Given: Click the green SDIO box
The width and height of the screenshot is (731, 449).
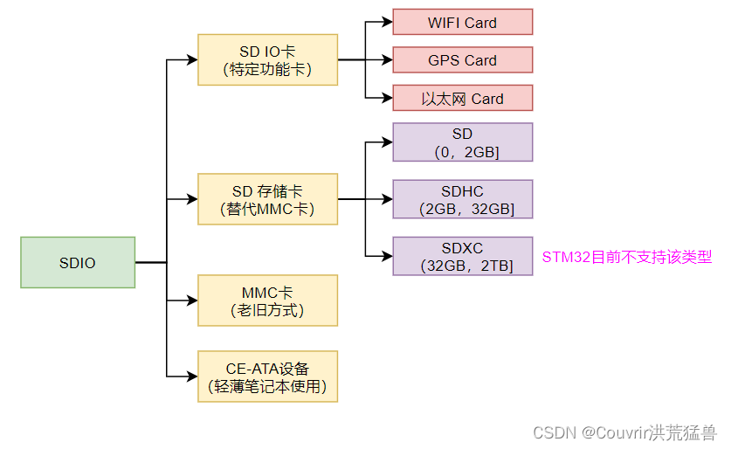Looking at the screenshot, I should point(78,262).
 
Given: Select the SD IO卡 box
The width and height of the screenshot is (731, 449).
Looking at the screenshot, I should point(267,59).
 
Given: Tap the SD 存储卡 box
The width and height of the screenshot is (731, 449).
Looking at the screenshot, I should point(267,199).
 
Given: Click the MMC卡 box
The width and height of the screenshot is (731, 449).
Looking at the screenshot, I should point(267,300).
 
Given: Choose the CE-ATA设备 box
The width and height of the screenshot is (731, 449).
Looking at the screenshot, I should point(267,376).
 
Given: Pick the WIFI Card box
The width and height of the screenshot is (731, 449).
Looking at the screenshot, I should point(462,22).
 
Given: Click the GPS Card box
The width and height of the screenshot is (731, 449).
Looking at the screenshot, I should point(462,60).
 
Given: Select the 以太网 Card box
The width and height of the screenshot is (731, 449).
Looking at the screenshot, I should point(462,98).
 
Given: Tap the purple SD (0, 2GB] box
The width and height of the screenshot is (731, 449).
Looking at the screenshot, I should point(462,142).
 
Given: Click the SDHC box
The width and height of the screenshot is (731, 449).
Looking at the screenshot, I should point(462,199).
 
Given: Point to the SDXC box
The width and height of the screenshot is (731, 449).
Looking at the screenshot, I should point(462,256).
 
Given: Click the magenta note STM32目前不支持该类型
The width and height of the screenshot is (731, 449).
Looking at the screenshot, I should point(627,257).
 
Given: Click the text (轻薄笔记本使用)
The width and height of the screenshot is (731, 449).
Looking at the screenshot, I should point(267,386).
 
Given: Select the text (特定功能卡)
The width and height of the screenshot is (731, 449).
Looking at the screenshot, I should point(267,69).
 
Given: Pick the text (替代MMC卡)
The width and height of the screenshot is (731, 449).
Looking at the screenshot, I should point(267,210).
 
